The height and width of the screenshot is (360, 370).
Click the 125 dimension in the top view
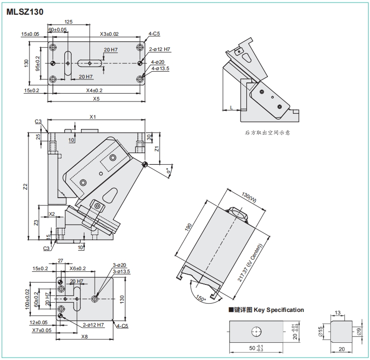point(69,22)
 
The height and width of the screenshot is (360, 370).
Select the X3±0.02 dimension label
point(109,34)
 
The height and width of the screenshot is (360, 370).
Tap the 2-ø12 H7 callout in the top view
point(159,50)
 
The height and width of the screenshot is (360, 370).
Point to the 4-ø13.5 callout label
point(160,69)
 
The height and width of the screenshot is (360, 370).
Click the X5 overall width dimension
point(96,99)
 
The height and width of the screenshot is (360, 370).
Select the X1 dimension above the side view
point(92,117)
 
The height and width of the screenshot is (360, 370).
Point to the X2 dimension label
point(52,214)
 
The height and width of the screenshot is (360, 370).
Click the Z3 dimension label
point(36,223)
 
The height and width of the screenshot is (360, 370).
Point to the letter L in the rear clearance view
point(231,107)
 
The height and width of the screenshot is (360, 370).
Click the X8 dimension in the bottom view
point(84,336)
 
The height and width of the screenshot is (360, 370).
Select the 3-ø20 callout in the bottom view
point(119,265)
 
